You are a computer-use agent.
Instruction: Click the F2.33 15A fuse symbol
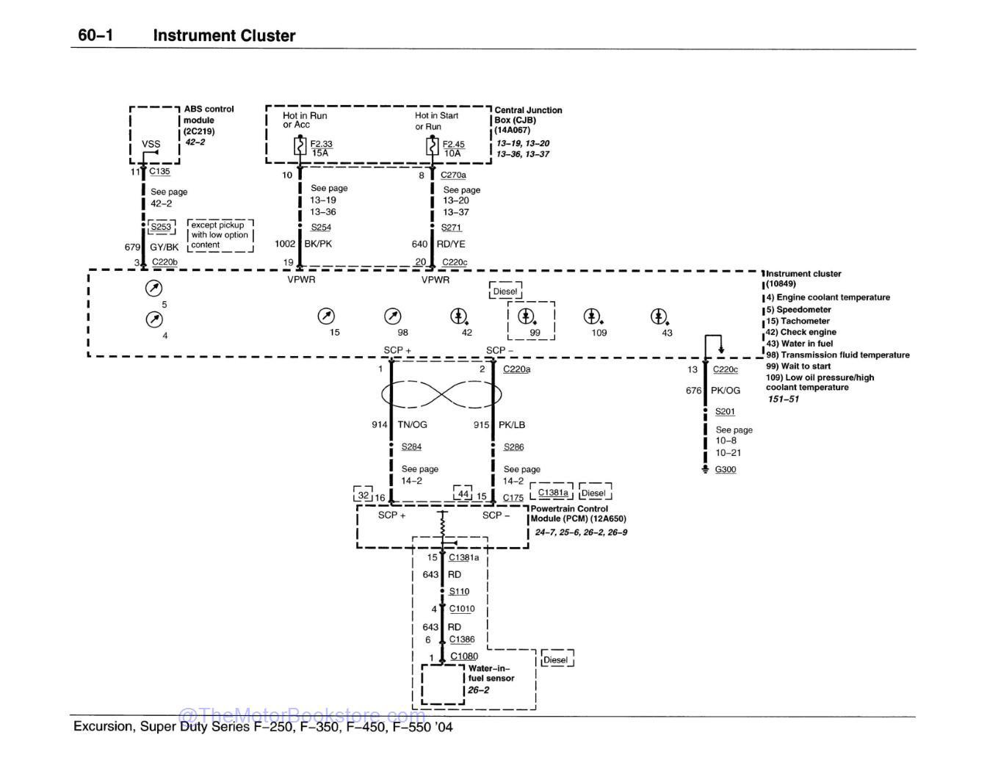(x=300, y=147)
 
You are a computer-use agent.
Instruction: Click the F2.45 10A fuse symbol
(x=433, y=147)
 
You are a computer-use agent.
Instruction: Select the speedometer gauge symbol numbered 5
(x=154, y=288)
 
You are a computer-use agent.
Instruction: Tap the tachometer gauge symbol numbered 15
(x=325, y=316)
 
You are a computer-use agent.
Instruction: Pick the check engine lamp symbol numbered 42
(x=458, y=316)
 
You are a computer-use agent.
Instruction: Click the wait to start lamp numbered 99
(x=526, y=316)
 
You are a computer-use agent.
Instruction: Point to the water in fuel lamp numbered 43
(x=659, y=316)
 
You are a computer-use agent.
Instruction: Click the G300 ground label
(x=725, y=469)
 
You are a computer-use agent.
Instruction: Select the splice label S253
(x=161, y=227)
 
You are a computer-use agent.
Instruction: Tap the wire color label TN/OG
(x=412, y=424)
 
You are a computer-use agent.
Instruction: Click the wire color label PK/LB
(x=512, y=424)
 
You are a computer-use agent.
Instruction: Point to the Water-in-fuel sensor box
(x=443, y=684)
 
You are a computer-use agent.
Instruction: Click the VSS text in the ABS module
(x=151, y=145)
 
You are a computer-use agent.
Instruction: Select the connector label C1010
(x=462, y=609)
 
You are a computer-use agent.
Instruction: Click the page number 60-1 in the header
(x=95, y=35)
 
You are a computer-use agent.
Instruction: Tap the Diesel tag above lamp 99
(x=505, y=292)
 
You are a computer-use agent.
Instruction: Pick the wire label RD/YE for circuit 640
(x=451, y=244)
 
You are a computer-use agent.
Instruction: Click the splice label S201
(x=724, y=412)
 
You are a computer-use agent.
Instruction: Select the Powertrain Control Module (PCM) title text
(x=569, y=513)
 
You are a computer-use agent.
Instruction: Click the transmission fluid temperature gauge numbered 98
(x=393, y=316)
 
